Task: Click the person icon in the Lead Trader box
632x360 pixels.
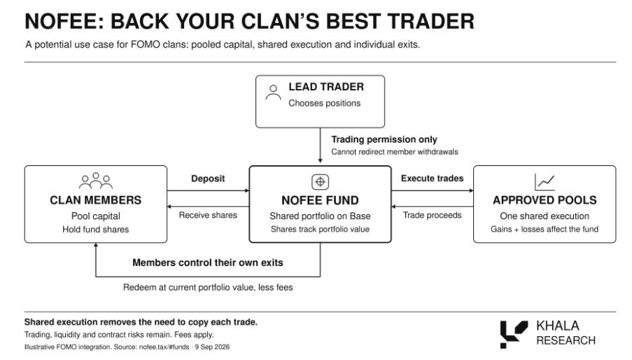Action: tap(273, 92)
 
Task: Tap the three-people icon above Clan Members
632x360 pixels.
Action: tap(95, 181)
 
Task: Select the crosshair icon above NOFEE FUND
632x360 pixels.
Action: tap(320, 182)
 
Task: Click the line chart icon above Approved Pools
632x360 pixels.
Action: tap(545, 182)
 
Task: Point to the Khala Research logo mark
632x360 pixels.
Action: tap(514, 334)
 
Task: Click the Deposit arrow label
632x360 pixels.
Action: tap(208, 179)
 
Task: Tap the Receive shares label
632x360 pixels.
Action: tap(208, 215)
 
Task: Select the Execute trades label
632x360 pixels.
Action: tap(432, 178)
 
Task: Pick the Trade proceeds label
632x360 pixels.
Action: tap(432, 215)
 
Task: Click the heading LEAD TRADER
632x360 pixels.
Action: tap(326, 87)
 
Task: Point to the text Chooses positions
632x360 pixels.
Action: tap(325, 103)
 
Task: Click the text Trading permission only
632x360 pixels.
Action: tap(384, 139)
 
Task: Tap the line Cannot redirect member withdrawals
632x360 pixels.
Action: tap(395, 152)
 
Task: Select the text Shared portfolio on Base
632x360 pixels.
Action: tap(320, 216)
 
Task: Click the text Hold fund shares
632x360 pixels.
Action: tap(95, 230)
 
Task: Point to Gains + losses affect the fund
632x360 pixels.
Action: tap(545, 229)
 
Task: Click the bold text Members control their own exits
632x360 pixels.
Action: tap(208, 263)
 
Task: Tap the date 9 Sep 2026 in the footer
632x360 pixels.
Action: tap(212, 347)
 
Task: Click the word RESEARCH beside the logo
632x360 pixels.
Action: tap(566, 340)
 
